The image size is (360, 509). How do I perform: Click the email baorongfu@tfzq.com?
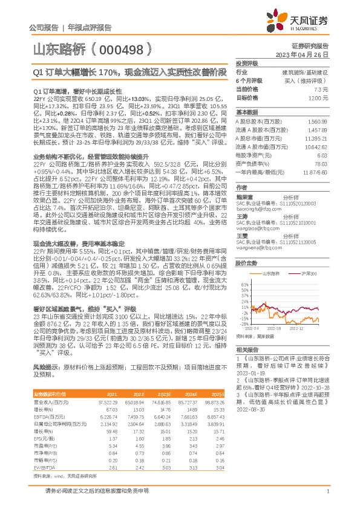pos(254,228)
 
